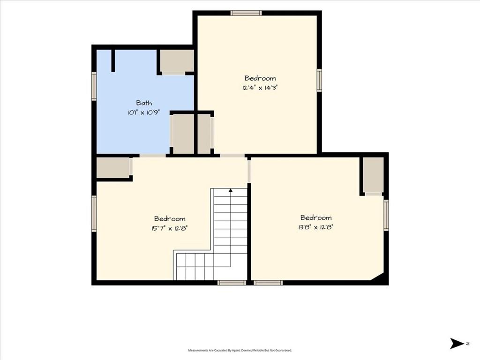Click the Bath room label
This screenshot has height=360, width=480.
(144, 103)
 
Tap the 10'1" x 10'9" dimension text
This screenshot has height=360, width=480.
(144, 112)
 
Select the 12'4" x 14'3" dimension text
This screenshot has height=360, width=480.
(260, 88)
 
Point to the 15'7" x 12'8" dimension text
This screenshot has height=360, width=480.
(169, 228)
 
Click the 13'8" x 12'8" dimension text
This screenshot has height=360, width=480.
(315, 227)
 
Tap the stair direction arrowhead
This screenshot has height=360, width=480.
(231, 190)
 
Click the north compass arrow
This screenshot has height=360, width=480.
(457, 344)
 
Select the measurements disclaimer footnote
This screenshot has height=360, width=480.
(240, 350)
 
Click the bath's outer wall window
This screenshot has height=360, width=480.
(94, 86)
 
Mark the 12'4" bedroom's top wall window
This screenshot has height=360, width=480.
(246, 13)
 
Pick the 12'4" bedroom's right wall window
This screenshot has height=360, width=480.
(319, 80)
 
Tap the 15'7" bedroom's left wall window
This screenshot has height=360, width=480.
(94, 214)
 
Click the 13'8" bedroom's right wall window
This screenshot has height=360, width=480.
(386, 215)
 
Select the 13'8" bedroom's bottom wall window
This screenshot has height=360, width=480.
(268, 283)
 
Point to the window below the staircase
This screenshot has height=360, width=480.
(232, 283)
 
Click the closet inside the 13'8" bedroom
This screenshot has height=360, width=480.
(373, 175)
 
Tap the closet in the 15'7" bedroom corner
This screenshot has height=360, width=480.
(113, 167)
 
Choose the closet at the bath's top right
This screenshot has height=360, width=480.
(177, 60)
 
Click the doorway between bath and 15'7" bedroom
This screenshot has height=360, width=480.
(153, 156)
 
